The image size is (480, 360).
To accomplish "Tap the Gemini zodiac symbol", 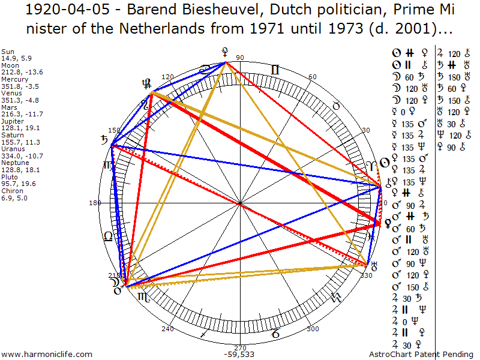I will (275, 70).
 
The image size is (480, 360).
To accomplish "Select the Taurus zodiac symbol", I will (337, 106).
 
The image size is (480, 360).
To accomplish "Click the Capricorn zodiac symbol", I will (275, 332).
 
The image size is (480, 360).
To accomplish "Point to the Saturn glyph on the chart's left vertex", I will (106, 142).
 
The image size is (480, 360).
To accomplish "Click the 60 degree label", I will (312, 77).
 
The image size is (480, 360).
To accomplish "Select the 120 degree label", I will (167, 77).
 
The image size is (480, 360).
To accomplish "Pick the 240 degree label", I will (167, 329).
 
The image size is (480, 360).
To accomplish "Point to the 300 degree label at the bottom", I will (312, 329).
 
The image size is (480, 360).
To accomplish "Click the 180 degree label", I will (95, 203).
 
